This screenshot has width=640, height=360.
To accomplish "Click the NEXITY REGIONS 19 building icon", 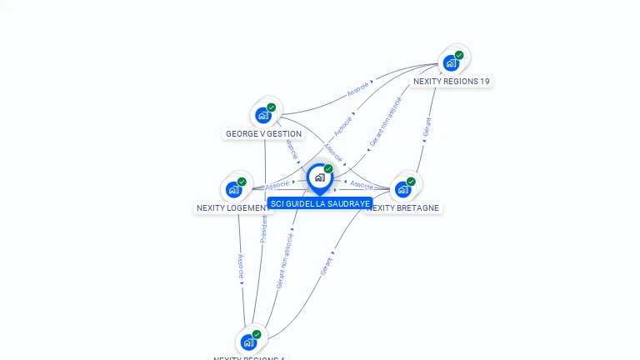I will pyautogui.click(x=452, y=62).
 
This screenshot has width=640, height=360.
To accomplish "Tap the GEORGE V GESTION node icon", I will pyautogui.click(x=264, y=115).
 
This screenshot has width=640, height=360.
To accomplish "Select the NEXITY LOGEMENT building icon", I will pyautogui.click(x=234, y=189).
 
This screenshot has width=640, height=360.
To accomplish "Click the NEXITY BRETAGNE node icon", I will pyautogui.click(x=403, y=189).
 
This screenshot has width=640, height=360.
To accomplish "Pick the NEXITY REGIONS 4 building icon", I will pyautogui.click(x=248, y=342).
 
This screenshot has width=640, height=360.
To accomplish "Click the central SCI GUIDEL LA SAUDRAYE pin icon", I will pyautogui.click(x=319, y=177).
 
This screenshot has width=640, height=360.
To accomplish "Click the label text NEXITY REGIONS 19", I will pyautogui.click(x=452, y=82).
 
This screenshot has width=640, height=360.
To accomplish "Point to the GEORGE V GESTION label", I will pyautogui.click(x=263, y=133).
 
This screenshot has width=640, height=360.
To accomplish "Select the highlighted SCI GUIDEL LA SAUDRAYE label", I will pyautogui.click(x=320, y=203).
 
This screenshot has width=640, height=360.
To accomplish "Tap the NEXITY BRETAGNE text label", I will pyautogui.click(x=406, y=207).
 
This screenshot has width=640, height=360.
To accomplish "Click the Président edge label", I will pyautogui.click(x=263, y=228).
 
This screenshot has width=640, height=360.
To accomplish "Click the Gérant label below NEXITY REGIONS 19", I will pyautogui.click(x=427, y=127).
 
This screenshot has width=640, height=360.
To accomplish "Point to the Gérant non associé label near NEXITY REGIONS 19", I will pyautogui.click(x=385, y=122).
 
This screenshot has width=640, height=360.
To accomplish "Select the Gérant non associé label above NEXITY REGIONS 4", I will pyautogui.click(x=285, y=260).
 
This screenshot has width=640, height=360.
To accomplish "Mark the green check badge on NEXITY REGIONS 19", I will pyautogui.click(x=459, y=55).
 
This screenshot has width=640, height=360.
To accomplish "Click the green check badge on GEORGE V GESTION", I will pyautogui.click(x=272, y=107).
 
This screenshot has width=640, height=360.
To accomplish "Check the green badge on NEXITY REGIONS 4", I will pyautogui.click(x=257, y=334).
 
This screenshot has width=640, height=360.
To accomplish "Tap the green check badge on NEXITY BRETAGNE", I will pyautogui.click(x=411, y=182).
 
